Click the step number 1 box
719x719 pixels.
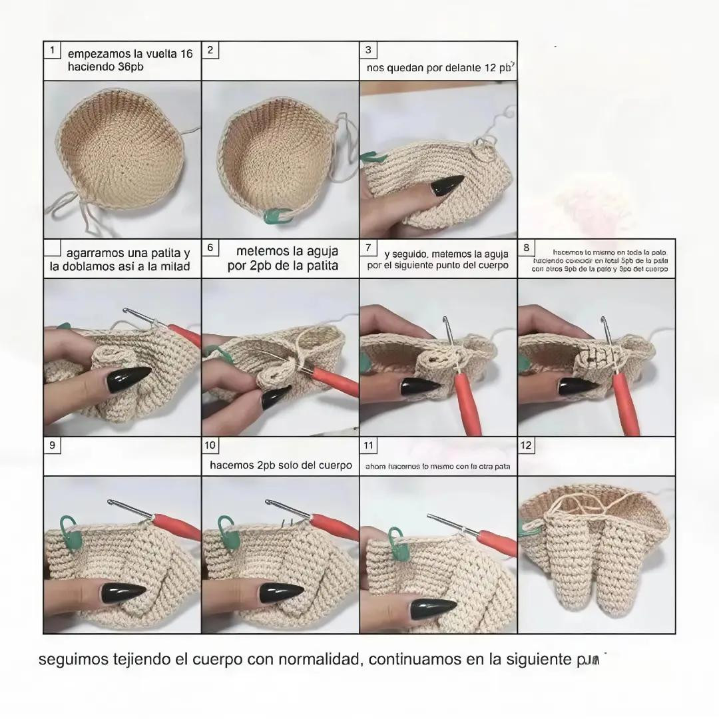point(52,51)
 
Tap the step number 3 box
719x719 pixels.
point(369,51)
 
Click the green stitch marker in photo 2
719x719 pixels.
point(276,214)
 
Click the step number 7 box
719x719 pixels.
point(369,248)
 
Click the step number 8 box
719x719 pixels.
point(527,248)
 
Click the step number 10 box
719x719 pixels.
point(210,445)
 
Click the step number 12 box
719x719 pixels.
point(527,445)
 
